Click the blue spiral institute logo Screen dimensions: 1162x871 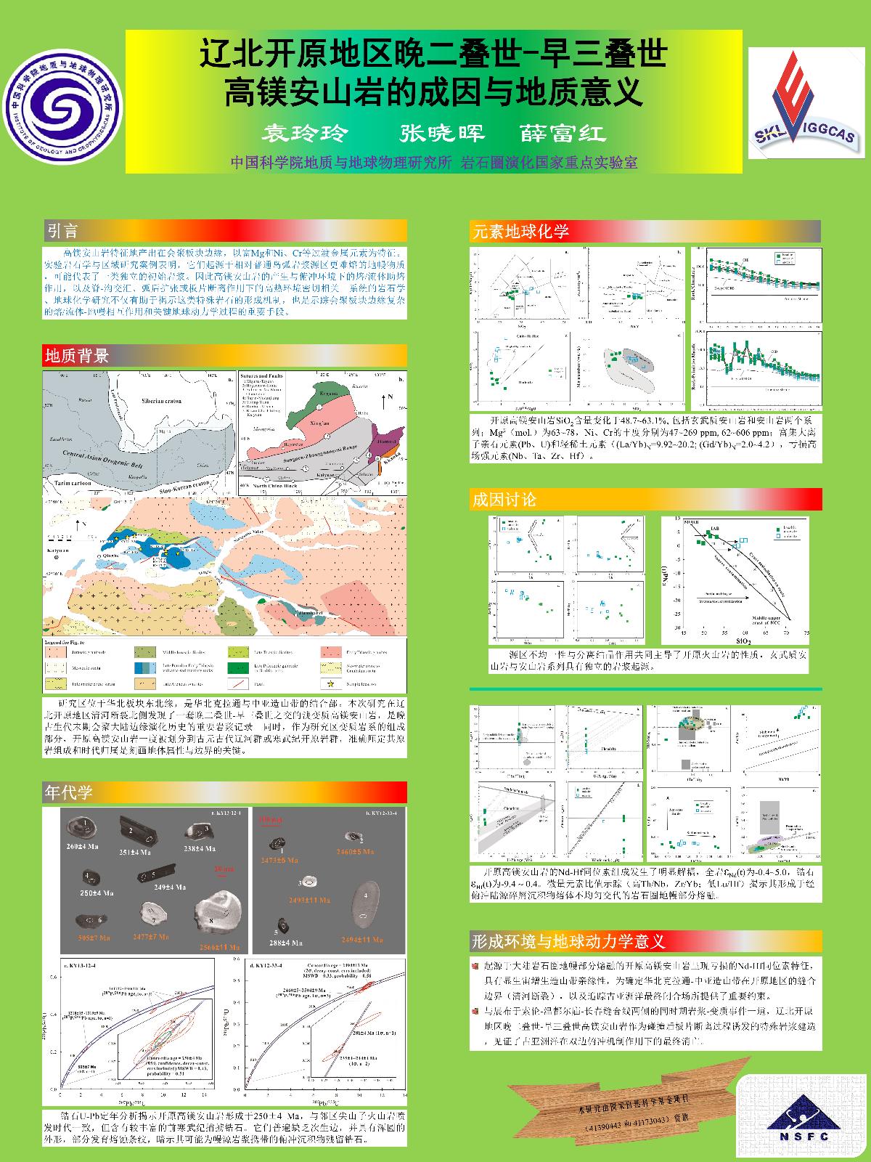60,110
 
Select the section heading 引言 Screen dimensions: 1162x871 62,232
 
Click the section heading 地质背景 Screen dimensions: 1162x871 77,355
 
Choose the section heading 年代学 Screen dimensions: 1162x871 69,792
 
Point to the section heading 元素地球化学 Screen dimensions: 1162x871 520,232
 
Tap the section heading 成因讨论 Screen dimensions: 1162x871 504,499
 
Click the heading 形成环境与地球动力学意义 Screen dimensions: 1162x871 568,941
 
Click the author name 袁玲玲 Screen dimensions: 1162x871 305,133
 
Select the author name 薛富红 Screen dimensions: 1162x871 563,133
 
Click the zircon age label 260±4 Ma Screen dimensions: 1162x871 82,846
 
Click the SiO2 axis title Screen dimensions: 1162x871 743,642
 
